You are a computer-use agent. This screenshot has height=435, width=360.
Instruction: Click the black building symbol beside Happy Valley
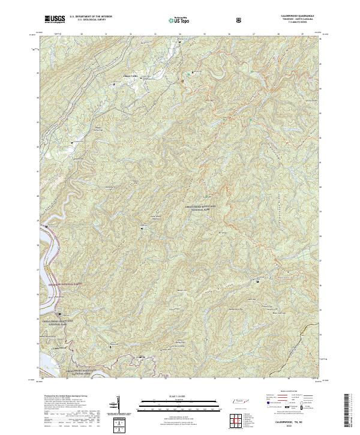(114, 85)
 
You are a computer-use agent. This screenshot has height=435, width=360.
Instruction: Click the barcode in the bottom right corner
(352, 414)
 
